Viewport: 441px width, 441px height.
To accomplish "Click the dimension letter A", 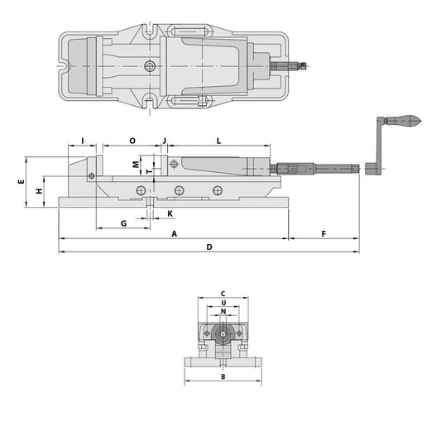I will click(174, 234).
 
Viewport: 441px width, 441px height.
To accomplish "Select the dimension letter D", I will click(209, 247).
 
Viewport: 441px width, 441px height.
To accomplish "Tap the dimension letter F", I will click(322, 234).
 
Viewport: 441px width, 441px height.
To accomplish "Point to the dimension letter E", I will click(20, 181).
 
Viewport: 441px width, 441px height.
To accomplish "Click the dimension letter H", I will click(39, 191).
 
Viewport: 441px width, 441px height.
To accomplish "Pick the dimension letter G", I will click(122, 223).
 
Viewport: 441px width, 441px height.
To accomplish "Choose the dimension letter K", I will click(170, 213).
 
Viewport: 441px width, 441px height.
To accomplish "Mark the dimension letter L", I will click(218, 141).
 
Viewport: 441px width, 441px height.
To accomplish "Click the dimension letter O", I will click(132, 141).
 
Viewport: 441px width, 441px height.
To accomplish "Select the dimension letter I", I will click(84, 141).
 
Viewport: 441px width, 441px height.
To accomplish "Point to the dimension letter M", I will click(136, 164).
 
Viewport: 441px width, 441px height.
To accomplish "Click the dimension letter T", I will click(149, 172).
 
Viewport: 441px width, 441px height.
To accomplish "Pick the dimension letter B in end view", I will click(223, 376).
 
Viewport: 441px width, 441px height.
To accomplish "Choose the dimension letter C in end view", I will click(223, 294).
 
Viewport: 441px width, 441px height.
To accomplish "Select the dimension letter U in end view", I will click(223, 303).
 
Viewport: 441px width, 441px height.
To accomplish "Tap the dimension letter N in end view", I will click(223, 312).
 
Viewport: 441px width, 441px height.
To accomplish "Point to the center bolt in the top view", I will click(149, 65).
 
